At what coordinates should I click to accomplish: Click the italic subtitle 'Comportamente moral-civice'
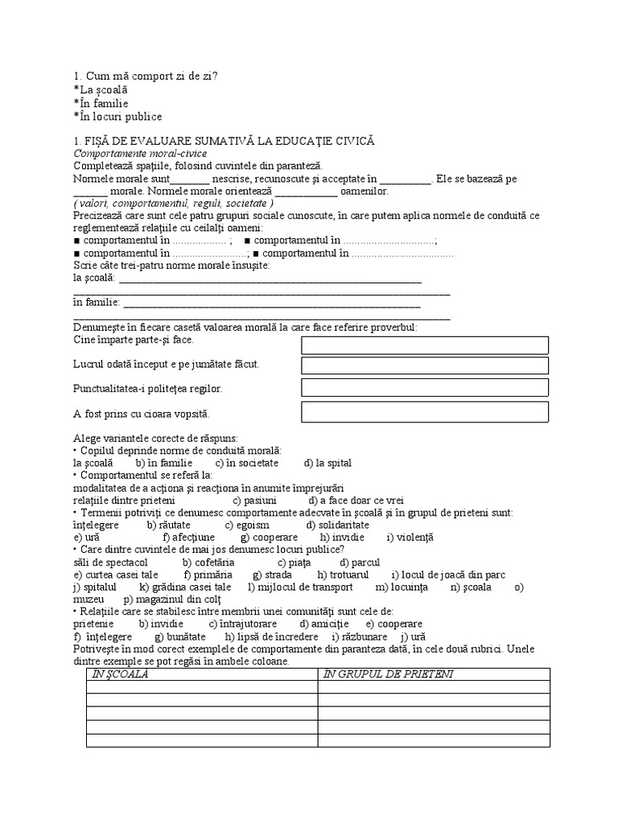(140, 153)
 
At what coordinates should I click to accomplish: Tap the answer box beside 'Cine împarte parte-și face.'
(425, 345)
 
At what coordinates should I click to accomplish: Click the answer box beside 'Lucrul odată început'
(425, 366)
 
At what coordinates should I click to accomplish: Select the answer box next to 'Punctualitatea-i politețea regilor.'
(425, 388)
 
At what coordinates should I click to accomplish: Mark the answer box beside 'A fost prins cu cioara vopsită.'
(425, 412)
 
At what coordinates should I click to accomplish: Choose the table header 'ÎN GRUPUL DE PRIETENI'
(388, 674)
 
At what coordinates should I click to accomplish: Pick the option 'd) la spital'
(328, 463)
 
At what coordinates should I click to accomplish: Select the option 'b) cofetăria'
(208, 562)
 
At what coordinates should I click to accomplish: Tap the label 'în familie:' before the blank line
(97, 303)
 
